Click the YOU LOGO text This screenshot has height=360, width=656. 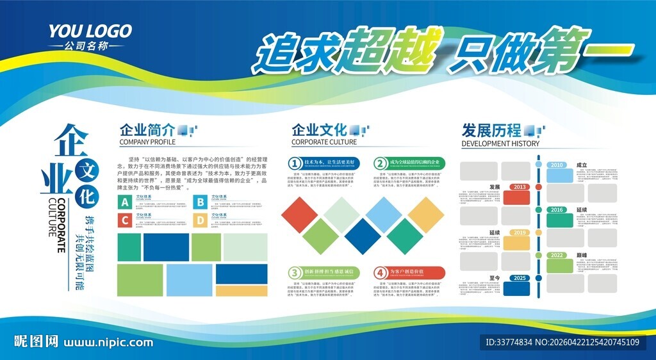(90, 31)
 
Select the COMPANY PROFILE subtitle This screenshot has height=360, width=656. (147, 142)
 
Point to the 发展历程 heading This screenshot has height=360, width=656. (491, 131)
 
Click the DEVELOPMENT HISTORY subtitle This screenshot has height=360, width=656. (500, 143)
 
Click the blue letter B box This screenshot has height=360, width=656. (200, 203)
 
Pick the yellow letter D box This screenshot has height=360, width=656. (200, 221)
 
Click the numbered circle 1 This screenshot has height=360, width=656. (295, 163)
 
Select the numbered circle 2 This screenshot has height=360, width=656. (381, 163)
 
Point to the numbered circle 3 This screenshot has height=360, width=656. (295, 272)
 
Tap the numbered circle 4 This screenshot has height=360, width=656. (381, 272)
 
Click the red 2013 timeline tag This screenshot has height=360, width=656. (520, 187)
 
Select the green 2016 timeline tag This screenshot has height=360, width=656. (557, 210)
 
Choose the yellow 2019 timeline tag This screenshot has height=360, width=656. (520, 233)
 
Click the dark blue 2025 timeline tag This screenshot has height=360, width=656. (520, 278)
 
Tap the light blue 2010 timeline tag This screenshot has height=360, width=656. (557, 165)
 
